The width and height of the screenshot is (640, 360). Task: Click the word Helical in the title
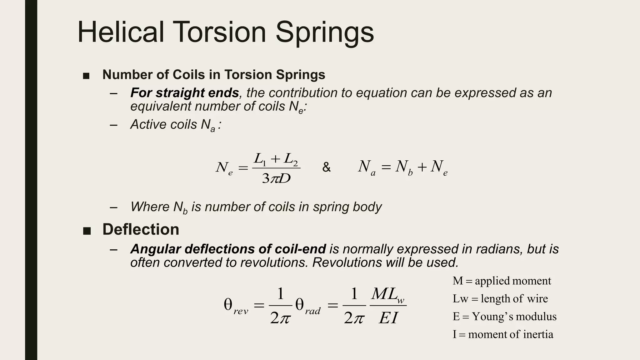[x=121, y=32]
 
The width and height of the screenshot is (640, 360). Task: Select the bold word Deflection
[x=141, y=229]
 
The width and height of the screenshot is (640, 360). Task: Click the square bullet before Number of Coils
[x=86, y=76]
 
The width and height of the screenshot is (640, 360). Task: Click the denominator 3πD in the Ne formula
[x=276, y=178]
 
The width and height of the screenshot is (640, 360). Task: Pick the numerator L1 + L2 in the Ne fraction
[x=276, y=159]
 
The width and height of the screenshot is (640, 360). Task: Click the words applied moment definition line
[x=513, y=281]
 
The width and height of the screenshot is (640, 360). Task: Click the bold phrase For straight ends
[x=184, y=93]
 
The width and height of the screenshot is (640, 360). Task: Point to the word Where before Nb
[x=150, y=207]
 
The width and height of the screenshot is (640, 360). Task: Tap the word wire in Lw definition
[x=537, y=298]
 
